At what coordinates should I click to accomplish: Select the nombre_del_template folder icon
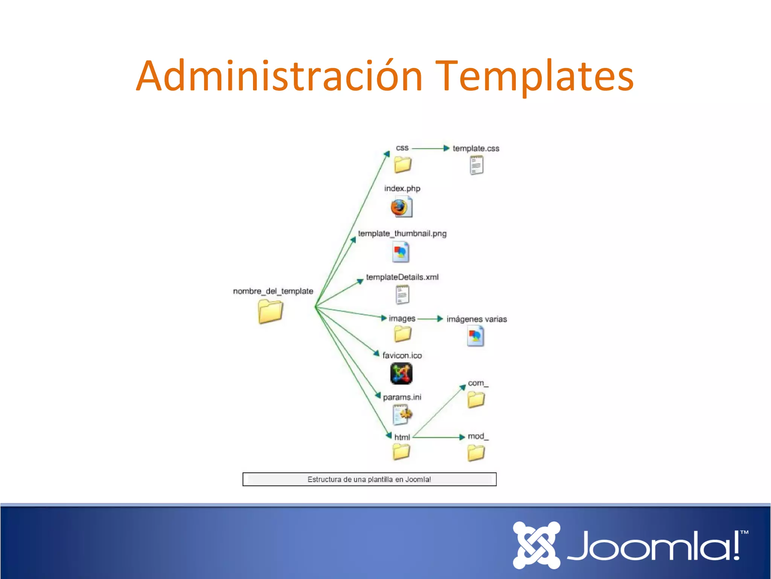(270, 311)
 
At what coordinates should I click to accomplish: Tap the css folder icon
(402, 165)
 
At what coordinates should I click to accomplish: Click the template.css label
(476, 149)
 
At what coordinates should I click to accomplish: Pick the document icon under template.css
(476, 165)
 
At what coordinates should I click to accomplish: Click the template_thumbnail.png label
(402, 234)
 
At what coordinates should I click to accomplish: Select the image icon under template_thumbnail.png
(400, 252)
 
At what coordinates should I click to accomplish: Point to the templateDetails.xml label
(402, 277)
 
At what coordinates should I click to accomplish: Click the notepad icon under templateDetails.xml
(402, 294)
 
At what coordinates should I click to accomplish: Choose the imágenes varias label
(476, 319)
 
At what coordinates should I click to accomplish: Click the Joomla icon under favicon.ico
(401, 374)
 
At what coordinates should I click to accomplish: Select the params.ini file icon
(402, 414)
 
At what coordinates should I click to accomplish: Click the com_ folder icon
(476, 400)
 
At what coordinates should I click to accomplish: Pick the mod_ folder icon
(476, 453)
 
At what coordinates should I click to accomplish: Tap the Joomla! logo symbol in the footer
(536, 545)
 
